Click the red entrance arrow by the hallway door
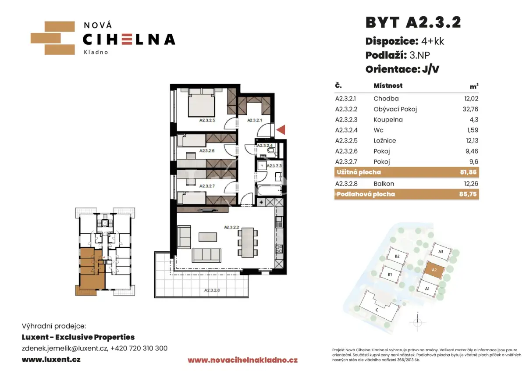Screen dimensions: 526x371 point(281,130)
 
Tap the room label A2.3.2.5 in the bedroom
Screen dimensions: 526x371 point(207,120)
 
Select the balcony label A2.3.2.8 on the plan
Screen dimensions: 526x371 point(212,290)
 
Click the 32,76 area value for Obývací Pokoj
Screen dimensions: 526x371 point(470,109)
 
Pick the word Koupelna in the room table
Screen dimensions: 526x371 point(388,120)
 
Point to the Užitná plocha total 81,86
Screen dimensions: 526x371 point(468,172)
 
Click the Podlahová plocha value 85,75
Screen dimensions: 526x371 point(468,194)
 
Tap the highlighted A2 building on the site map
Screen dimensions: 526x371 point(434,270)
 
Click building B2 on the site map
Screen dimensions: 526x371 point(397,256)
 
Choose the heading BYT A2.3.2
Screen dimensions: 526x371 point(413,22)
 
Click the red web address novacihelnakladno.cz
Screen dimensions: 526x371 point(242,360)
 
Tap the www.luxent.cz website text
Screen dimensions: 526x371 point(51,359)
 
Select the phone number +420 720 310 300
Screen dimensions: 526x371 point(139,348)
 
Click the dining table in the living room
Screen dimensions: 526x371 point(248,243)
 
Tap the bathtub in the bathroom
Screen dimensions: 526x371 point(270,190)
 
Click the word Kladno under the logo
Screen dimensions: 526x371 point(96,52)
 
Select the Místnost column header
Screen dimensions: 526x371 point(388,86)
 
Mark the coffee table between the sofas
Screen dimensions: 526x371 point(208,237)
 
